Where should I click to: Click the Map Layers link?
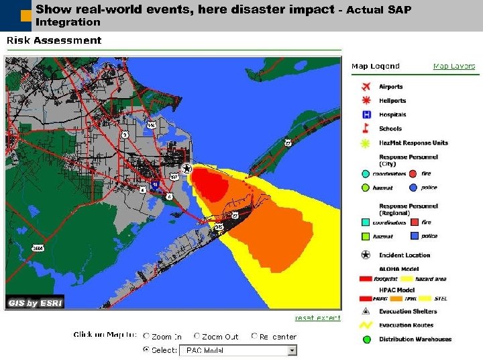(x=453, y=66)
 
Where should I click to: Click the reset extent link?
(x=317, y=318)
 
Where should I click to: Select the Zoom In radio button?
(x=146, y=336)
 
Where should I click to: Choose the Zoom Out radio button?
(x=197, y=336)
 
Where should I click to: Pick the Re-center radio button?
(x=254, y=336)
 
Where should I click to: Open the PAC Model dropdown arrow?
(x=292, y=350)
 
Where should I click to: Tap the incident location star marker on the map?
(x=187, y=168)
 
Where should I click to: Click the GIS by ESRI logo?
(x=35, y=302)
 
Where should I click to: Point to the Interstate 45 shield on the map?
(x=155, y=184)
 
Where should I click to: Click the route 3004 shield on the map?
(x=38, y=248)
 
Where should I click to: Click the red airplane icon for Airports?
(x=366, y=87)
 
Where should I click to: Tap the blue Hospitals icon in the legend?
(x=366, y=114)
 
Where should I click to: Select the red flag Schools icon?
(x=366, y=128)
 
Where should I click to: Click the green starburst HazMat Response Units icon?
(x=366, y=143)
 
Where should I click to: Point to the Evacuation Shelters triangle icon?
(x=366, y=311)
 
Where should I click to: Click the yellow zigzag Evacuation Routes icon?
(x=366, y=325)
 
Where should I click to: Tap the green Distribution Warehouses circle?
(x=366, y=339)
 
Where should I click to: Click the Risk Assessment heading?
(x=54, y=40)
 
